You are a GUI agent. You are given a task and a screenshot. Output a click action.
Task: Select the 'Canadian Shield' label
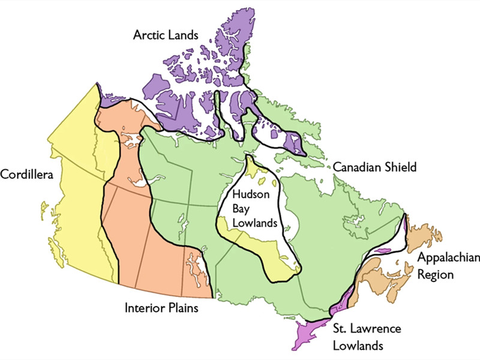(374, 167)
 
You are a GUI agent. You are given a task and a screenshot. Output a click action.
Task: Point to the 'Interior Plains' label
(162, 308)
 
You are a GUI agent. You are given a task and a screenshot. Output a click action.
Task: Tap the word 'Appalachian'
(449, 258)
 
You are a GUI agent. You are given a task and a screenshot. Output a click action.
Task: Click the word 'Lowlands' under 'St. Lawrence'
(359, 345)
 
